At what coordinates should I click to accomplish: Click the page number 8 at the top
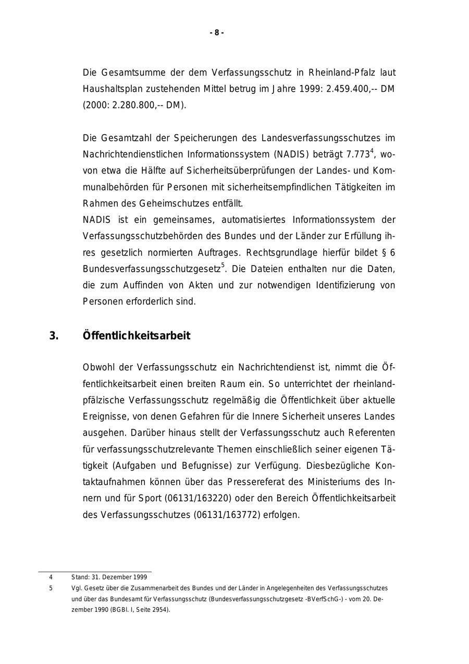pyautogui.click(x=217, y=33)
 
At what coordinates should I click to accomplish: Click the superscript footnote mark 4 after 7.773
pyautogui.click(x=372, y=151)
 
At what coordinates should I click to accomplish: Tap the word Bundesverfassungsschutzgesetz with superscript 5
pyautogui.click(x=152, y=269)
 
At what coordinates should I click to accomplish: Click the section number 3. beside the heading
pyautogui.click(x=54, y=336)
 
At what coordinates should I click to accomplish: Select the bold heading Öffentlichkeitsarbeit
pyautogui.click(x=137, y=336)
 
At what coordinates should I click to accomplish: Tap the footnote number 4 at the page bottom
pyautogui.click(x=51, y=577)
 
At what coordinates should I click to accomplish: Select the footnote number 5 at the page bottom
pyautogui.click(x=51, y=588)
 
